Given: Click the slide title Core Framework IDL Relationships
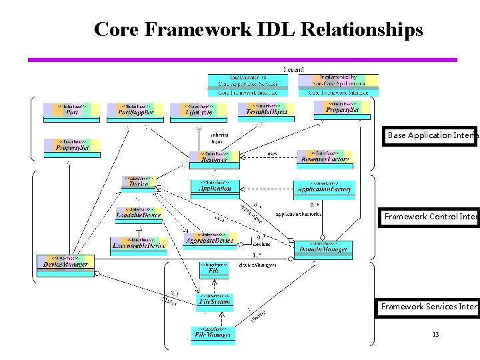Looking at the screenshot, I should pos(258,30).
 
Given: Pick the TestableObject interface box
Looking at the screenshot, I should pos(266,110).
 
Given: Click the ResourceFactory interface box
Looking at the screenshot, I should pos(325,158).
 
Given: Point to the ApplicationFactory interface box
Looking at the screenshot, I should pos(324,189).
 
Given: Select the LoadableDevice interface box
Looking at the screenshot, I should pos(138,215).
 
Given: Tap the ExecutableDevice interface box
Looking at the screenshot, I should pos(139,245).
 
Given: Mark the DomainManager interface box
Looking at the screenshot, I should pos(323,249).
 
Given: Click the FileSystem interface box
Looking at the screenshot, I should pos(215,301).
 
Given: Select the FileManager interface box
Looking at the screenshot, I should pos(213,333).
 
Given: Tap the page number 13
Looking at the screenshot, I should pos(435,334).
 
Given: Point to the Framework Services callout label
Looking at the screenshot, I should pos(429,307).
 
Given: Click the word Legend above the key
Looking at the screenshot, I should pos(293,69).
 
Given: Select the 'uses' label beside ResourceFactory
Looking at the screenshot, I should pos(272,154).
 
